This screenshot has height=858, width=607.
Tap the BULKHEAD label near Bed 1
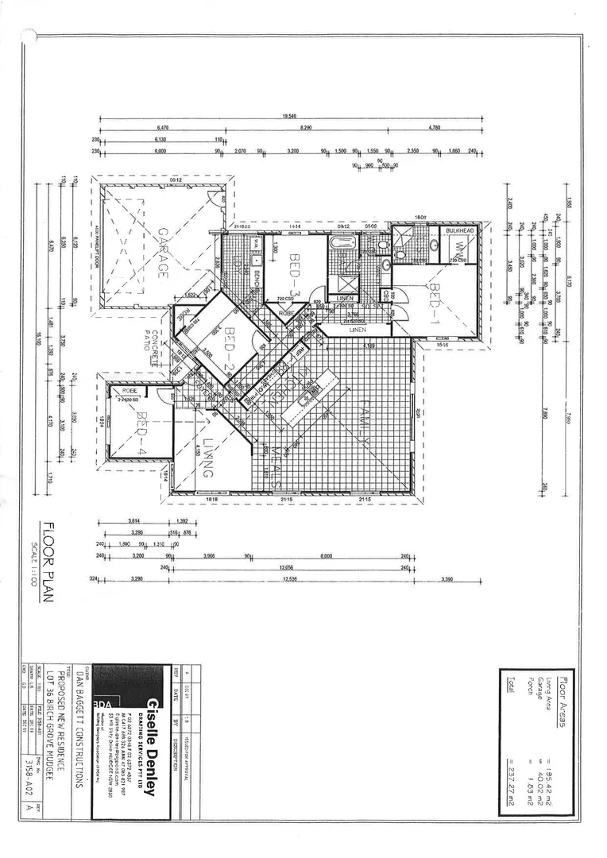pyautogui.click(x=458, y=231)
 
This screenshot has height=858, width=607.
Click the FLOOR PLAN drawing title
pyautogui.click(x=49, y=562)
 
